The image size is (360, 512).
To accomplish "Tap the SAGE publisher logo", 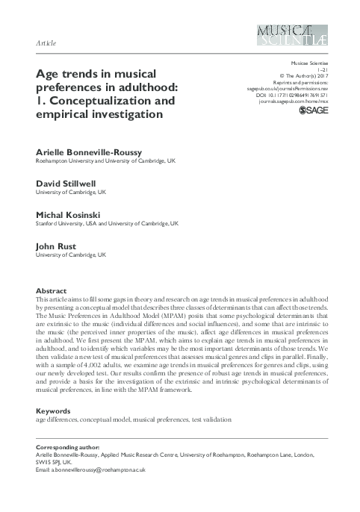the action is point(314,110).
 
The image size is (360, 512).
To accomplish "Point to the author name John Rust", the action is point(54,246).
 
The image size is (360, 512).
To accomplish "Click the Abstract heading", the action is point(52,290).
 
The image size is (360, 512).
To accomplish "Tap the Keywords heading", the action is point(55,411).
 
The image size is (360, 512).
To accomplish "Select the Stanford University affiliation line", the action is point(107,222).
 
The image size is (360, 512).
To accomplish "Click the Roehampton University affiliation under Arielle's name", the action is point(105,160).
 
